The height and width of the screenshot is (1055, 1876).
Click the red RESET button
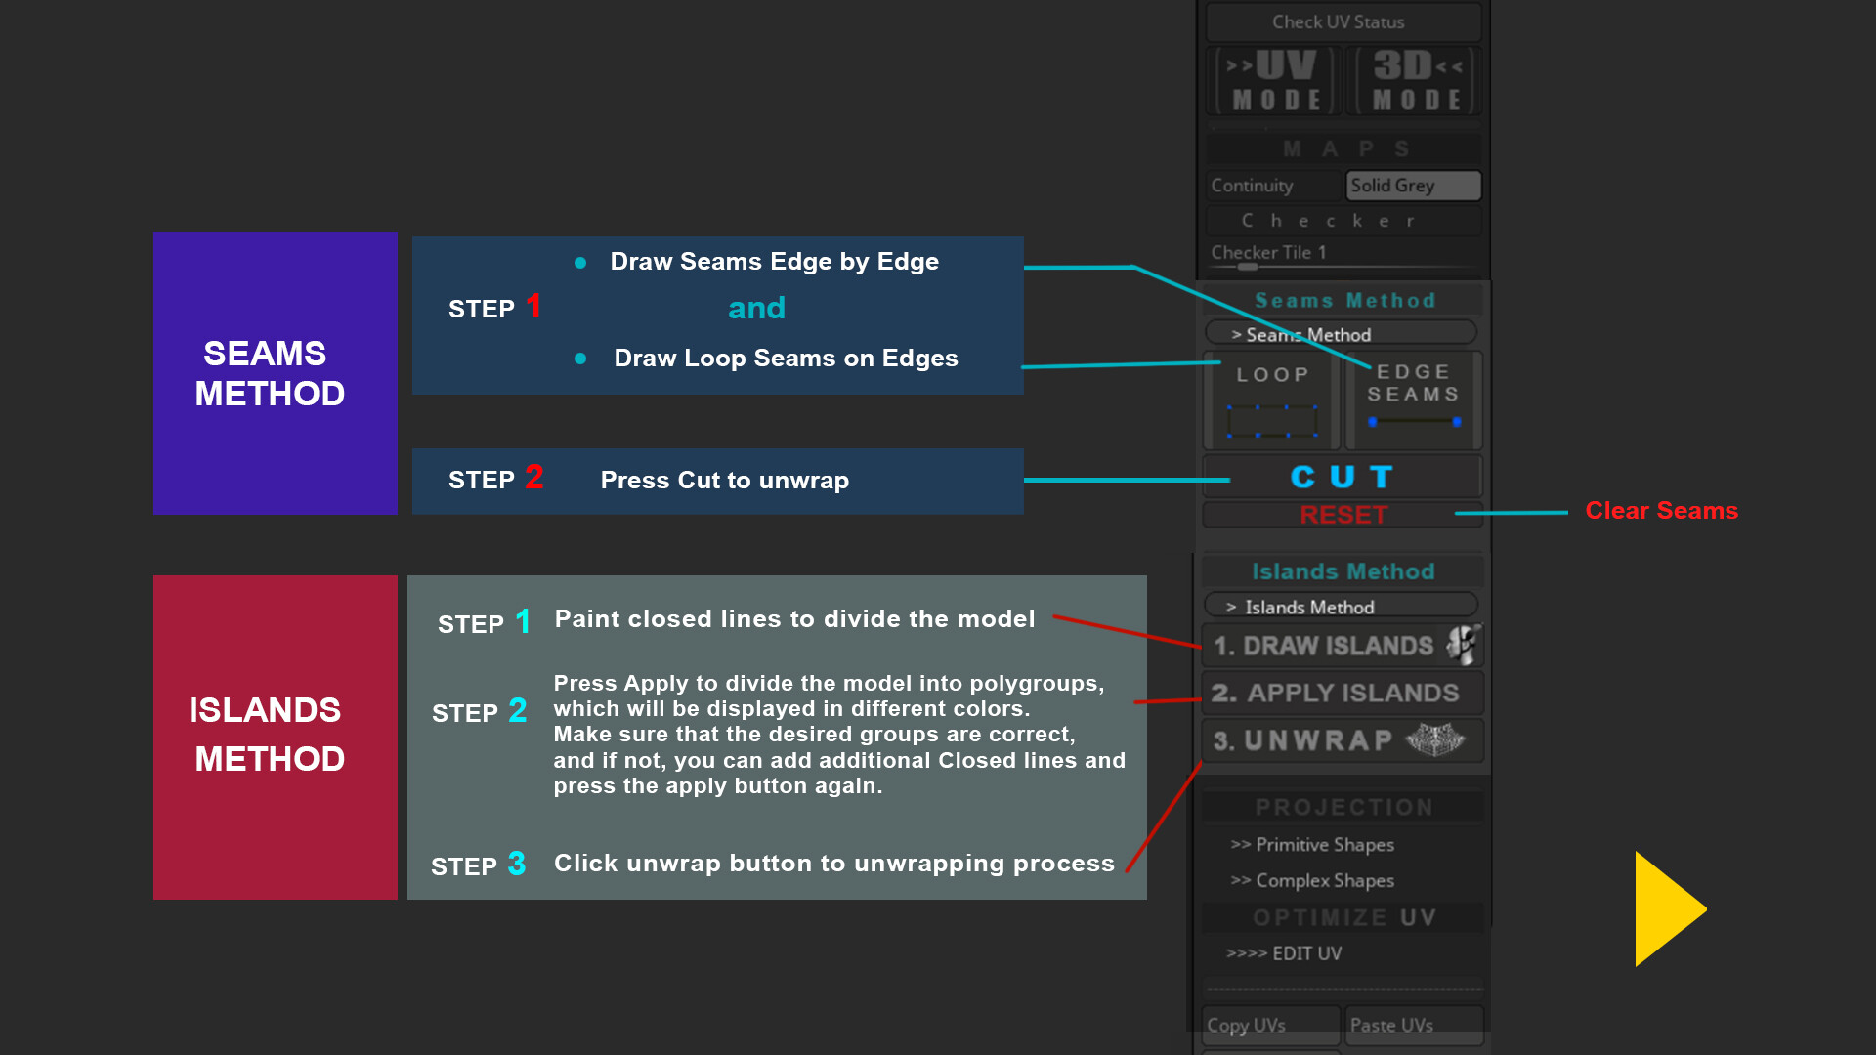pos(1343,515)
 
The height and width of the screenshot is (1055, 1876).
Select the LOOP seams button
pos(1271,401)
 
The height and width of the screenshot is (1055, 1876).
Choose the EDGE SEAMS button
pos(1413,401)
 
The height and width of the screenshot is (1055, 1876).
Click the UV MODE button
pos(1275,81)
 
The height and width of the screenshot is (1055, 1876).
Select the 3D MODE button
pos(1416,81)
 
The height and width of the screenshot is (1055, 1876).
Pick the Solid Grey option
pos(1413,186)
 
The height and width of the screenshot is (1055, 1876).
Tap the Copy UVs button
pos(1269,1025)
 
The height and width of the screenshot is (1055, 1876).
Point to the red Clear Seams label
pos(1661,511)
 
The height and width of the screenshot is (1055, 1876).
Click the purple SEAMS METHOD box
pos(275,373)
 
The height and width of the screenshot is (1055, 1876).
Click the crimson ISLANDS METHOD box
pos(275,737)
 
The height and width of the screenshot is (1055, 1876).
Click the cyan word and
pos(756,309)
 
